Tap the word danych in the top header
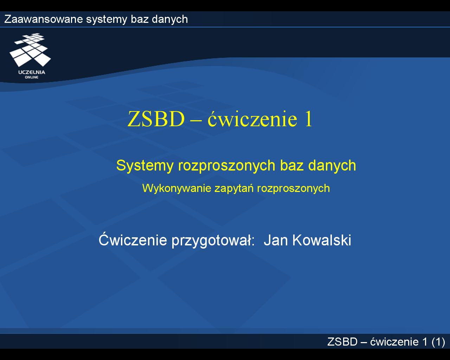(x=170, y=20)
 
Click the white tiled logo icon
(x=30, y=50)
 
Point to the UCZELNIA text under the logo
(x=32, y=72)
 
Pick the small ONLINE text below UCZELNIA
(x=32, y=77)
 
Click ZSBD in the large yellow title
(x=156, y=119)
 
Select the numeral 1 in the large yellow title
(x=308, y=119)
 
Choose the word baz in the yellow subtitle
(x=292, y=166)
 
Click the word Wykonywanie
(x=177, y=189)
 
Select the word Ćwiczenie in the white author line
(x=133, y=239)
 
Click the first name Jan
(x=276, y=240)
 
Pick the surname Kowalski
(x=322, y=240)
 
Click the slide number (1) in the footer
(x=438, y=342)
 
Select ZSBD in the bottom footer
(x=342, y=342)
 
